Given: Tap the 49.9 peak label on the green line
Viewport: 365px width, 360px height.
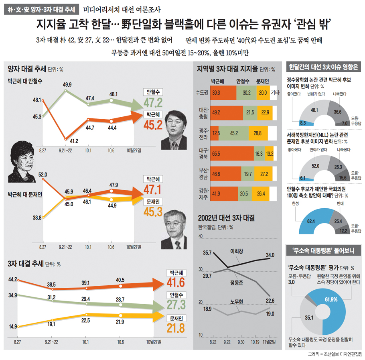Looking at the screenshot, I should pyautogui.click(x=67, y=85).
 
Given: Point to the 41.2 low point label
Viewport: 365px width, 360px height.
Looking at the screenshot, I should pyautogui.click(x=74, y=140).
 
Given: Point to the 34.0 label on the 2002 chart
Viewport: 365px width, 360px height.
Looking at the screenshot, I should pyautogui.click(x=270, y=255).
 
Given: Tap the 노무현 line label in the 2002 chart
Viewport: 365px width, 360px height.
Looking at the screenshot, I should pyautogui.click(x=237, y=301).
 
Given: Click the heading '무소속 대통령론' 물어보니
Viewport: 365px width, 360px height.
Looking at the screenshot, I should pyautogui.click(x=324, y=250).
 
